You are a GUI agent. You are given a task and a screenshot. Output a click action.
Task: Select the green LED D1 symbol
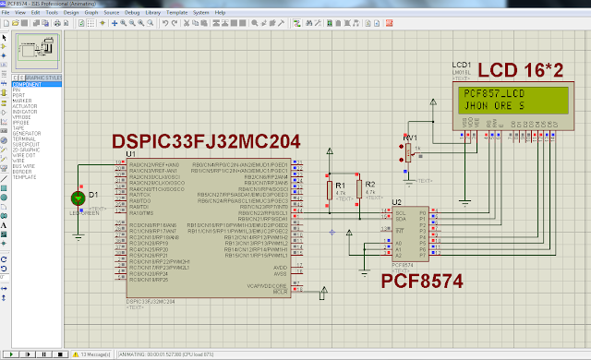coord(78,197)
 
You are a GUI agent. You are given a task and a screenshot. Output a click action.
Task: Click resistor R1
coord(330,191)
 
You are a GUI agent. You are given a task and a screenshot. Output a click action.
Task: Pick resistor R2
coord(359,191)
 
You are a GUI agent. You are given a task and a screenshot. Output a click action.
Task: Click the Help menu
coord(220,13)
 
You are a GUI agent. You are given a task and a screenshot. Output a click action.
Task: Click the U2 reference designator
coord(397,202)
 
